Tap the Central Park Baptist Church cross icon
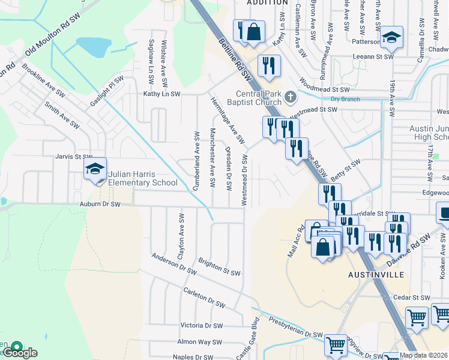coord(291,96)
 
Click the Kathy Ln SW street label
coord(161,94)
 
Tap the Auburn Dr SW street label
coord(100,204)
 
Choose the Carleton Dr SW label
coord(203,298)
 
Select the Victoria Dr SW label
coord(201,326)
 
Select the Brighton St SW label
coord(218,267)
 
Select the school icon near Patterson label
coord(391,37)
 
